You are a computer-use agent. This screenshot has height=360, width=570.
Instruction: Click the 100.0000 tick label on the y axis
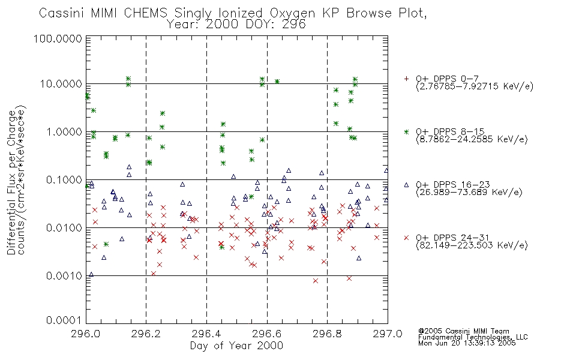pyautogui.click(x=58, y=38)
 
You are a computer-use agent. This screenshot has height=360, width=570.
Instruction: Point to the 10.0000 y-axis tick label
pyautogui.click(x=61, y=84)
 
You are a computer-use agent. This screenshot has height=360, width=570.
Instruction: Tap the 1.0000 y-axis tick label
pyautogui.click(x=64, y=131)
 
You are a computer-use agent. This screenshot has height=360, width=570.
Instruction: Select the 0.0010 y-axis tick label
pyautogui.click(x=64, y=275)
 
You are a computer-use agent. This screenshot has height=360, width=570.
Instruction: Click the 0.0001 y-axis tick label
pyautogui.click(x=64, y=320)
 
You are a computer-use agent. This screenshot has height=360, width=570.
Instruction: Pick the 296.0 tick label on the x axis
pyautogui.click(x=86, y=334)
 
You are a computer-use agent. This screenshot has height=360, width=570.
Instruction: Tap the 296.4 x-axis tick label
pyautogui.click(x=206, y=334)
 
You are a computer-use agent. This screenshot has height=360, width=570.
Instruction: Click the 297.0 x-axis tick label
pyautogui.click(x=388, y=334)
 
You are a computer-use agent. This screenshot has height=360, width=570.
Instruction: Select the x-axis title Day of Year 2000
pyautogui.click(x=236, y=346)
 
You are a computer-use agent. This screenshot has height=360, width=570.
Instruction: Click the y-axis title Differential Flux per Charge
pyautogui.click(x=11, y=182)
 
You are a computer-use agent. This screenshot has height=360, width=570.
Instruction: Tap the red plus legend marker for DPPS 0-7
pyautogui.click(x=406, y=79)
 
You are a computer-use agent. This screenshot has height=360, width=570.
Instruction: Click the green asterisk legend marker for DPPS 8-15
pyautogui.click(x=406, y=131)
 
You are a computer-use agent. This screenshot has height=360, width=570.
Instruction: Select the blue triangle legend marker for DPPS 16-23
pyautogui.click(x=406, y=185)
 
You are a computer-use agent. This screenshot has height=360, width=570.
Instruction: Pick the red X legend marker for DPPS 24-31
pyautogui.click(x=406, y=238)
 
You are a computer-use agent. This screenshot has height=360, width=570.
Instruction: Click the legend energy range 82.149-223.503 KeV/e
pyautogui.click(x=472, y=245)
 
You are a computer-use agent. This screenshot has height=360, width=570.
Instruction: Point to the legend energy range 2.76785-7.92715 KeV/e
pyautogui.click(x=475, y=86)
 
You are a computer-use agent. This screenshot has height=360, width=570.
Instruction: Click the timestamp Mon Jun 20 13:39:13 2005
pyautogui.click(x=467, y=343)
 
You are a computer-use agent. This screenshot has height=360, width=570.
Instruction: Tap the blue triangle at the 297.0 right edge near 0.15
pyautogui.click(x=386, y=170)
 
